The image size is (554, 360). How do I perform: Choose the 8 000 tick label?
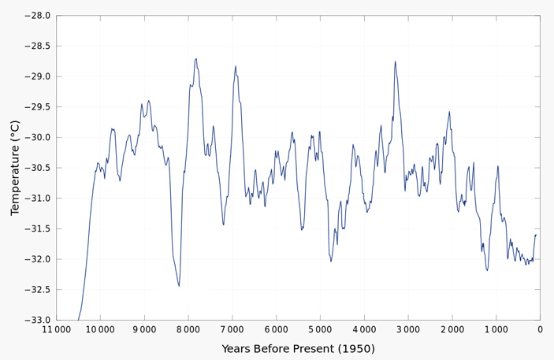(x=188, y=329)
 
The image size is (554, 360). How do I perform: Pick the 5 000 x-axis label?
(x=320, y=329)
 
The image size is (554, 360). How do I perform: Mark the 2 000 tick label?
(x=452, y=329)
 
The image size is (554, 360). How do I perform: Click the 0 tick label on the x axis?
(x=540, y=329)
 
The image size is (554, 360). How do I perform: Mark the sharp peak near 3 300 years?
(x=395, y=61)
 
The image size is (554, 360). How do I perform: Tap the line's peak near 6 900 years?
(x=235, y=66)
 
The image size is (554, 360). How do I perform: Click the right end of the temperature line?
(x=536, y=235)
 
